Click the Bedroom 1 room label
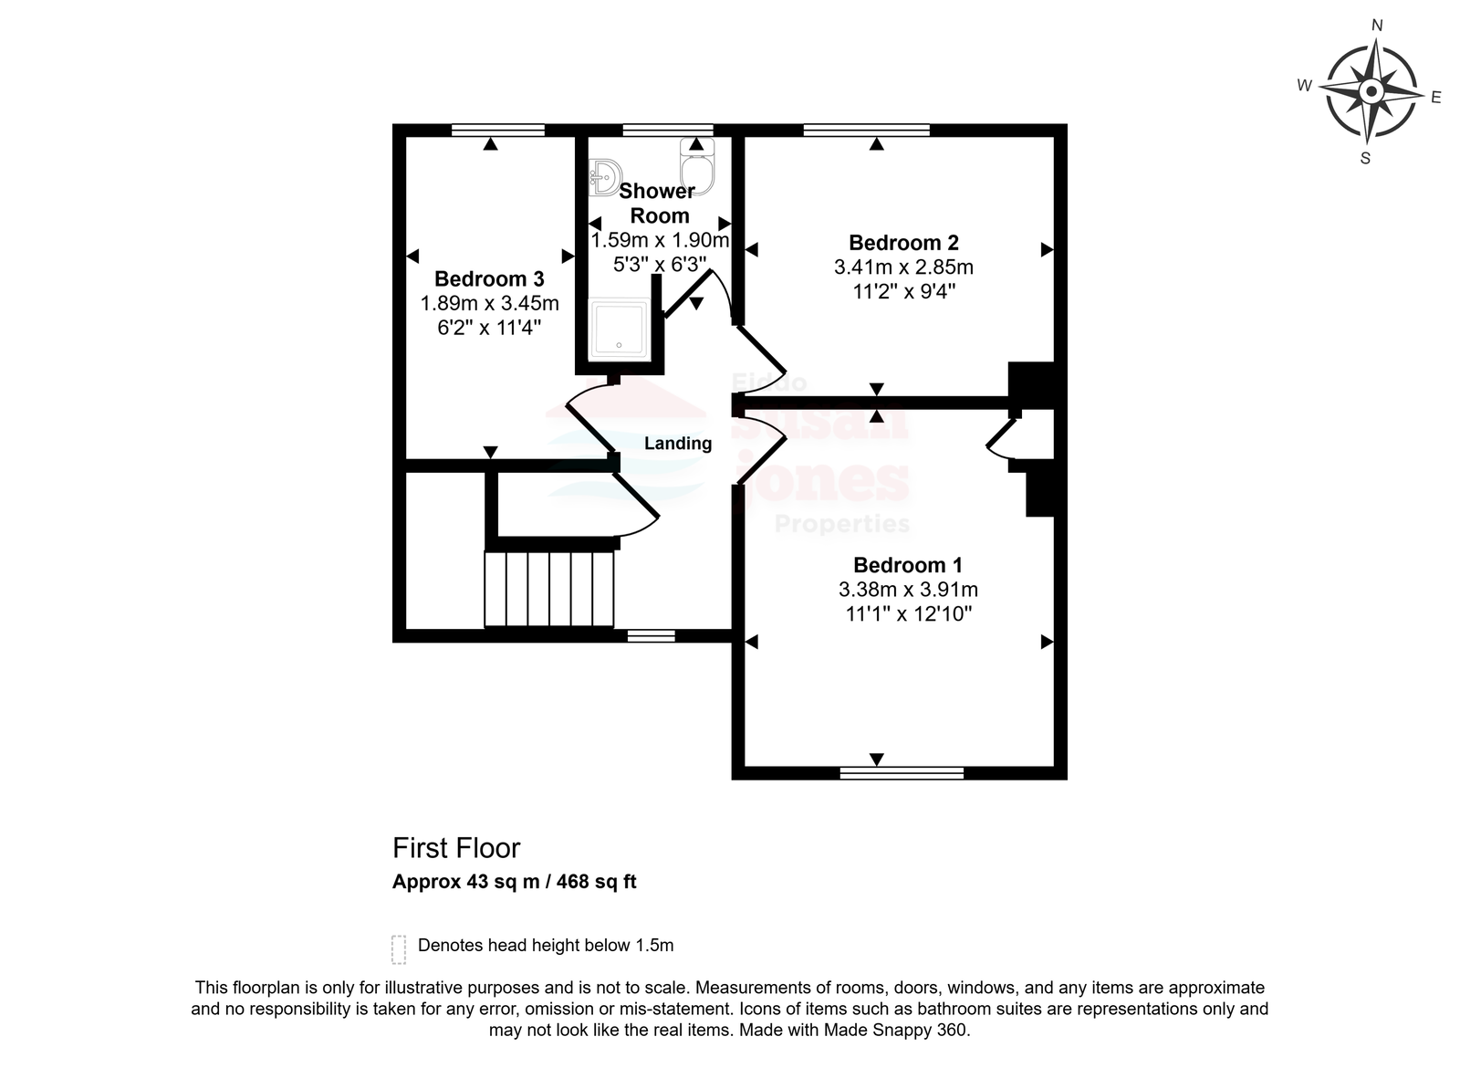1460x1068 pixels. coord(907,565)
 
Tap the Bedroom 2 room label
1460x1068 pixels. coord(903,243)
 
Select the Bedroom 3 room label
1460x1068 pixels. coord(489,279)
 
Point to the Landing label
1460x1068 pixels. coord(678,444)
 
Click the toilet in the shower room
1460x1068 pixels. coord(697,166)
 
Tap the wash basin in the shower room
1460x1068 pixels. coord(604,177)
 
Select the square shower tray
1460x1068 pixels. coord(620,329)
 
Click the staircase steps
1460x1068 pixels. coord(548,589)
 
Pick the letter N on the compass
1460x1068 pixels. coord(1377,25)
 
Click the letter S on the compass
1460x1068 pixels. coord(1365,159)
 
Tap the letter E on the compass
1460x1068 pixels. coord(1436,98)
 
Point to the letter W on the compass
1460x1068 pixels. coord(1304,86)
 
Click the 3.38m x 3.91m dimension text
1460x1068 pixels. coord(908,590)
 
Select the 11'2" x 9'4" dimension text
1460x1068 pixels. coord(904,291)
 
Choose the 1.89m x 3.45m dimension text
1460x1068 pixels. coord(489,303)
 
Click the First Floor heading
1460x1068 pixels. coord(456,848)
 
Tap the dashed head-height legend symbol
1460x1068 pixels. coord(398,949)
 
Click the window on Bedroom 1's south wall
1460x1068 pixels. coord(902,773)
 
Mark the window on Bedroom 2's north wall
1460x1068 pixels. coord(866,130)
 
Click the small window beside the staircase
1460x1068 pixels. coord(652,635)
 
